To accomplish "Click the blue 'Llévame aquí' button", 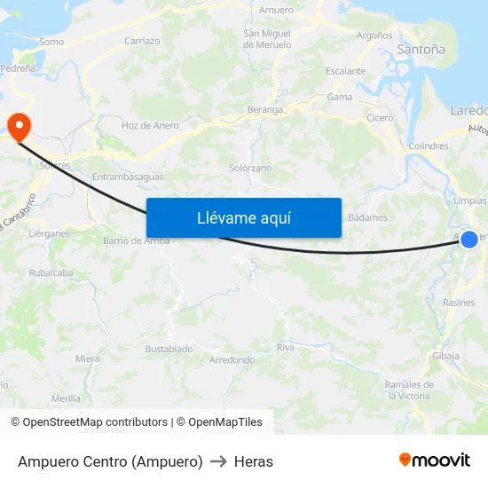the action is pos(243,217).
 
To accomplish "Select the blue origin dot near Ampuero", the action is pos(469,239).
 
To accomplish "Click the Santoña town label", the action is pos(421,50).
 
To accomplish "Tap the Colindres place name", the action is pos(429,146).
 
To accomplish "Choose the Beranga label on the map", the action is pos(265,110).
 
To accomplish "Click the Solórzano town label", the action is pos(250,168).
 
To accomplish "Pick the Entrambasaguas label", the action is pos(128,177).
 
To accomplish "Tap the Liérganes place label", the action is pos(49,233).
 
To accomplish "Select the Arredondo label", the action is pos(232,360).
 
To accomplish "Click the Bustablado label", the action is pos(169,349).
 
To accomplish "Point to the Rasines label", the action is pos(459,303).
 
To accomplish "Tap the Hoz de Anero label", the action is pos(150,126).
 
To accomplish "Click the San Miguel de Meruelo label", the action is pos(267,39).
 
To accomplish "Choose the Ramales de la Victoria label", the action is pos(409,390).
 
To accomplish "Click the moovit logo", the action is pos(434,460).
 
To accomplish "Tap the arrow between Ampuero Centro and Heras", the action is pos(218,461).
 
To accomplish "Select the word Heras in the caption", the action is pos(254,461).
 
